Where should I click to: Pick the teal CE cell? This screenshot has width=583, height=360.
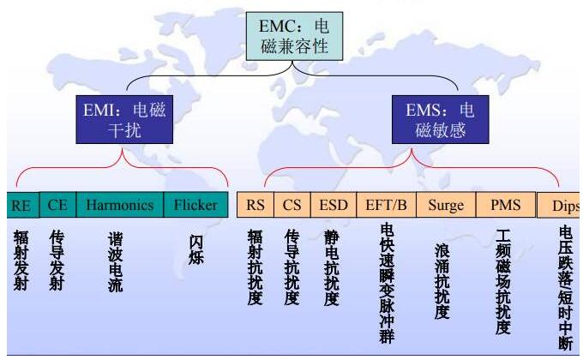coord(57,206)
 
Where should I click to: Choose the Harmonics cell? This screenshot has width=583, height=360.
coord(119,206)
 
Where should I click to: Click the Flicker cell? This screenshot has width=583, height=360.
coord(195,206)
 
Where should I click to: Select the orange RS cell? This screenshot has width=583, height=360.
coord(255,206)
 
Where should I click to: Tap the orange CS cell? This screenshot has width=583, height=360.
coord(292,206)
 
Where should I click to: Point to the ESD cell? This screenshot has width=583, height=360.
coord(333,206)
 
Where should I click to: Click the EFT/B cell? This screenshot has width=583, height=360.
coord(386,206)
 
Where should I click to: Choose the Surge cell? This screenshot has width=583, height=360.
coord(446,206)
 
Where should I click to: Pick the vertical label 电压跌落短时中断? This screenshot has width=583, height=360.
coord(565,287)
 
